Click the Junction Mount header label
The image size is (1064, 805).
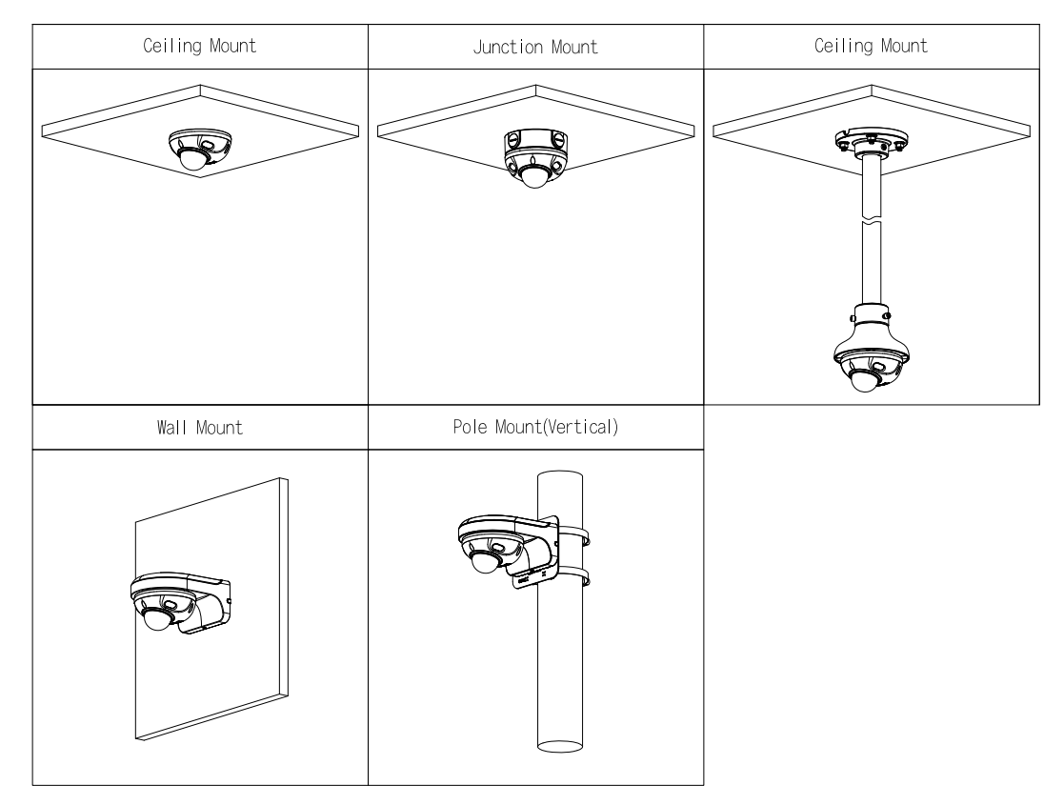(535, 48)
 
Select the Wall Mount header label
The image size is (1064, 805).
(200, 428)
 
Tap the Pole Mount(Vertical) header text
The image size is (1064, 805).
(535, 428)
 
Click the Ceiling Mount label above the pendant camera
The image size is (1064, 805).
(871, 48)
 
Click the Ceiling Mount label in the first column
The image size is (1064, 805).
(200, 48)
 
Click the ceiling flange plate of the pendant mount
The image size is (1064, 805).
(871, 141)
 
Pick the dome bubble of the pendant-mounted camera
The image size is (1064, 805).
(864, 382)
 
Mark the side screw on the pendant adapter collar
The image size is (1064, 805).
(888, 315)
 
